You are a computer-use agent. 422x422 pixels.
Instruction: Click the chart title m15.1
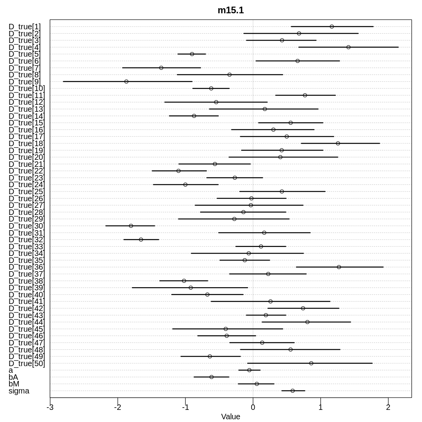point(231,11)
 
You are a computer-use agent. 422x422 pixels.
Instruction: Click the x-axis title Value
point(231,417)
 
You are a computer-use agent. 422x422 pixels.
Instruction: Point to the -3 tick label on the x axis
point(50,407)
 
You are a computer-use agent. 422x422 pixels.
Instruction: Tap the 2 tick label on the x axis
point(388,407)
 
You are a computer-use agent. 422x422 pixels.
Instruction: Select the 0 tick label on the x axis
point(253,407)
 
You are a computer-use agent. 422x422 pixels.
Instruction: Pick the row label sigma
point(19,391)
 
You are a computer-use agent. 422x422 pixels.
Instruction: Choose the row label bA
point(13,377)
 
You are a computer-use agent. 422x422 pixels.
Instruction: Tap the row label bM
point(14,384)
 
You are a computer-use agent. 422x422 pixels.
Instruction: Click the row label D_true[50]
point(27,363)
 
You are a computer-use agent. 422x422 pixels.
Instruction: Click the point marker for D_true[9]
point(126,81)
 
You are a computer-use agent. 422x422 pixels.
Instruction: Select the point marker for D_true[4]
point(348,47)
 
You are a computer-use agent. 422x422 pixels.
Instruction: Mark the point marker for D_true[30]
point(131,226)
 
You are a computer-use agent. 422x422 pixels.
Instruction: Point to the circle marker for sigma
point(293,391)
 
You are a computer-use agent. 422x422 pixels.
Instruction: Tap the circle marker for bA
point(211,377)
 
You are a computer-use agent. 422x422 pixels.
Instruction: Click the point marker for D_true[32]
point(141,240)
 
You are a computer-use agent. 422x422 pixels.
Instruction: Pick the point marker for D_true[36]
point(339,267)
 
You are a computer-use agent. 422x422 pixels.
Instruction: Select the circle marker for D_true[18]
point(338,143)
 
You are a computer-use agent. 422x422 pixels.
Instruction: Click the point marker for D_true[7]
point(161,68)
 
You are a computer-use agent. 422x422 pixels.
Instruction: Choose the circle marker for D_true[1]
point(332,27)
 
